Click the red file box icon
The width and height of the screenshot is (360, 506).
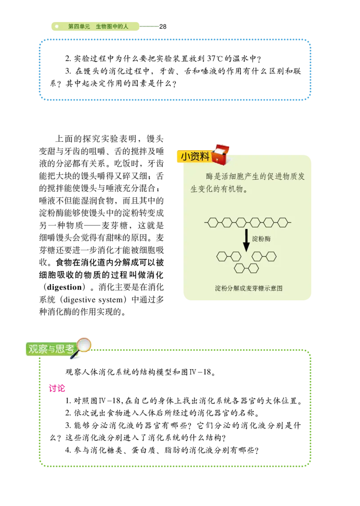click(x=220, y=154)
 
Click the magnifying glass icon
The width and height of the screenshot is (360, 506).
click(x=83, y=346)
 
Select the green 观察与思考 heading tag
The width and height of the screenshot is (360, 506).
click(x=51, y=349)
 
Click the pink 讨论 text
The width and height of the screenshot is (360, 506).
click(x=57, y=388)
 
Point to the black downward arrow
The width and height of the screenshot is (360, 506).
click(x=246, y=240)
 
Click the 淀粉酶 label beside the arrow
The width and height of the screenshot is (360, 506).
click(x=261, y=239)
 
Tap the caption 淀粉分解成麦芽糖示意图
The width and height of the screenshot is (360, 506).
click(x=248, y=288)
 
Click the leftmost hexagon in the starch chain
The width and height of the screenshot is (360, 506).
click(x=213, y=222)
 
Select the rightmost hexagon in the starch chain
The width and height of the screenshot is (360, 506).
click(x=283, y=222)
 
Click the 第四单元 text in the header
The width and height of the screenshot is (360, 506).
click(x=79, y=27)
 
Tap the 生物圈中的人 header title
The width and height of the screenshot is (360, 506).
click(x=112, y=27)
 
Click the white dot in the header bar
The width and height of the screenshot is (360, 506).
click(x=57, y=27)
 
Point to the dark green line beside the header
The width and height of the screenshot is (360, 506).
click(x=149, y=27)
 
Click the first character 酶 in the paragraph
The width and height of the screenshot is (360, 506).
click(x=210, y=176)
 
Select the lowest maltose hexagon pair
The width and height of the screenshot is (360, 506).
click(x=246, y=268)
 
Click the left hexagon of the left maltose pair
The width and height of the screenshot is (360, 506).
click(x=222, y=257)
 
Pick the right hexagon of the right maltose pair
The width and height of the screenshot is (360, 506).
click(x=271, y=257)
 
